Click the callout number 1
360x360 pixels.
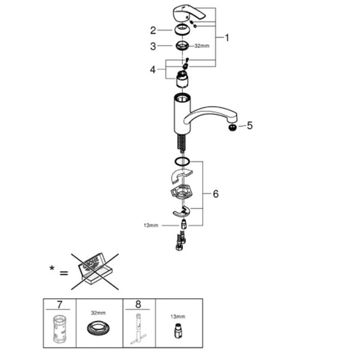[227, 38]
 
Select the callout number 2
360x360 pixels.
[153, 31]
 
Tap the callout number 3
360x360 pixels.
[153, 46]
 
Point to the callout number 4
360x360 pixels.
[153, 70]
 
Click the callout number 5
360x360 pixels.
[250, 125]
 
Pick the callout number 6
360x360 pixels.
[215, 194]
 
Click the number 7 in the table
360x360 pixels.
[59, 305]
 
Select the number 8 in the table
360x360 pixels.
[138, 304]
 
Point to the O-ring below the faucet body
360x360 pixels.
[182, 161]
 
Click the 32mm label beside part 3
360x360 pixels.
[202, 46]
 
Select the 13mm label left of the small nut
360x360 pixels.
[151, 226]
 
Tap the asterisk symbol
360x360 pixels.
[52, 268]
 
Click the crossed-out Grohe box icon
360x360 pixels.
[95, 272]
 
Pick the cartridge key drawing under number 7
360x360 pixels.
[59, 329]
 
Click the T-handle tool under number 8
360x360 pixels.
[138, 329]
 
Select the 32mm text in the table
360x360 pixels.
[98, 313]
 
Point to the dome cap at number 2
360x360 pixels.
[182, 29]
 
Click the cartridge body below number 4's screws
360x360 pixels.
[182, 79]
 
